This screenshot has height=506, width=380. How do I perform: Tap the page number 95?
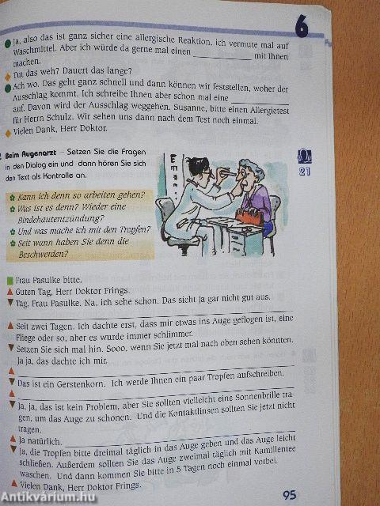289,495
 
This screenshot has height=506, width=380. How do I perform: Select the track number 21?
303,171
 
